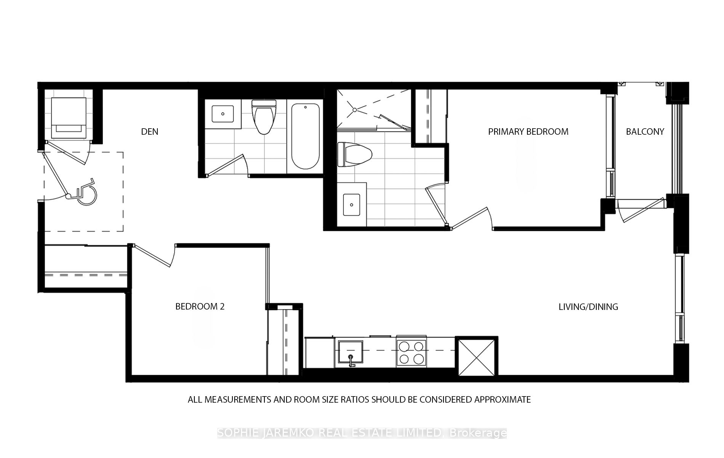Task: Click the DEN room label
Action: click(149, 132)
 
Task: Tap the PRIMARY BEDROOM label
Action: click(528, 132)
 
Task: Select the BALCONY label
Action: click(645, 132)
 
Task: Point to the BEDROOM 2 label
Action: click(200, 306)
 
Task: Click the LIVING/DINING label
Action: click(588, 307)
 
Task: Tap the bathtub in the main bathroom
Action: click(305, 136)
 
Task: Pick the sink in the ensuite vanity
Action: click(351, 205)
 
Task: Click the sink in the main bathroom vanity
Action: click(223, 114)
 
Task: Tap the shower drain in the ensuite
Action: click(354, 110)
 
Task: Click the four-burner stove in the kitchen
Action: click(411, 352)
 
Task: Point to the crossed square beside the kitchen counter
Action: click(476, 357)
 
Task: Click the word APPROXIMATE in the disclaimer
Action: click(502, 400)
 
